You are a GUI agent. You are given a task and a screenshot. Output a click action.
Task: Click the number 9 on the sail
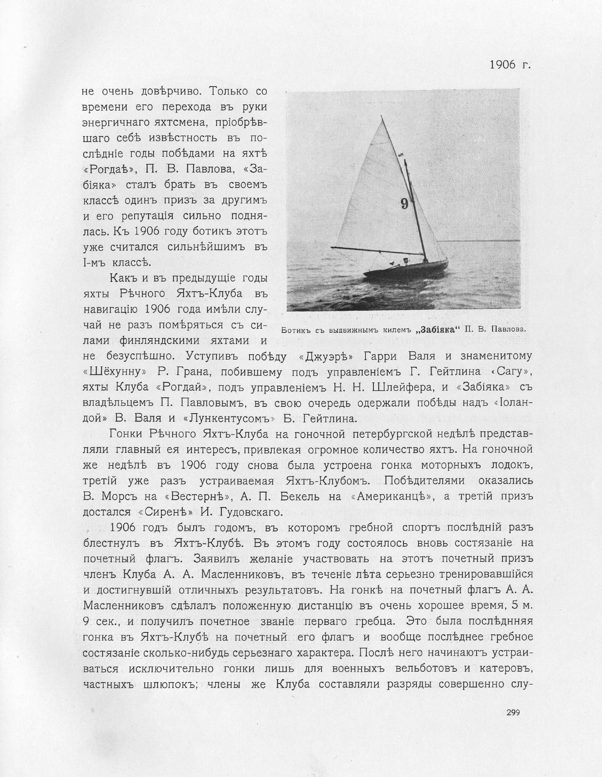(404, 203)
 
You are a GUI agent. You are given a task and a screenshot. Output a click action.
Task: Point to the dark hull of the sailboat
(406, 271)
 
